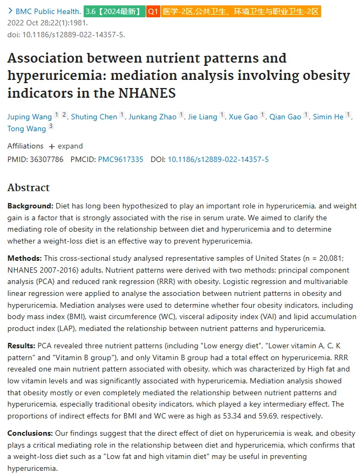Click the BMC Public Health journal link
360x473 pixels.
48,11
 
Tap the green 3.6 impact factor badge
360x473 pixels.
114,11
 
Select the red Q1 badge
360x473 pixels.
153,11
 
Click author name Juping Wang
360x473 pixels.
30,117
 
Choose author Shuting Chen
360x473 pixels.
94,117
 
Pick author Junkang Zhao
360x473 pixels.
153,117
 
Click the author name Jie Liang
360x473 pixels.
202,117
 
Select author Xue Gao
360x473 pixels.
243,117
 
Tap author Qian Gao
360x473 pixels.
285,117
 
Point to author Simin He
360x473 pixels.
328,117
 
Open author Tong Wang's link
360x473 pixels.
26,129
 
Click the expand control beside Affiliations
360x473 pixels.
66,146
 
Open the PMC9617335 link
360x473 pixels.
120,159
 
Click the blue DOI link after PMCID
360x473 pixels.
218,159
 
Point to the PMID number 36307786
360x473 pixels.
46,159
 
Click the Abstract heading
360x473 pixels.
29,187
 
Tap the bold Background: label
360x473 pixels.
30,206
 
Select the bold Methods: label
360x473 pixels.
25,258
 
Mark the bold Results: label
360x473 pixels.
22,346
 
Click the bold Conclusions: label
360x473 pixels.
30,433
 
